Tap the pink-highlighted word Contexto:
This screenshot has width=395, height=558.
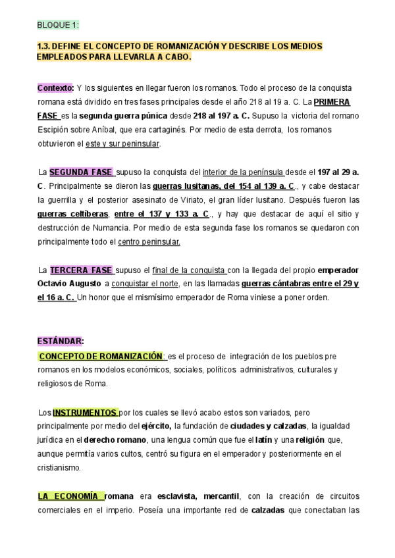(55, 88)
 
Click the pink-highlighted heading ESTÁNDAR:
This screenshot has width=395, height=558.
(60, 341)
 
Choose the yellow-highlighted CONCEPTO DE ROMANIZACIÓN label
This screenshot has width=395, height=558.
(101, 356)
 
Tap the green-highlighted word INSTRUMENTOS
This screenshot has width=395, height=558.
(85, 413)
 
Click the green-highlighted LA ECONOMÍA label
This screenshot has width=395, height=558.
(69, 495)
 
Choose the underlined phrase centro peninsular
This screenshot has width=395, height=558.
(149, 242)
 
